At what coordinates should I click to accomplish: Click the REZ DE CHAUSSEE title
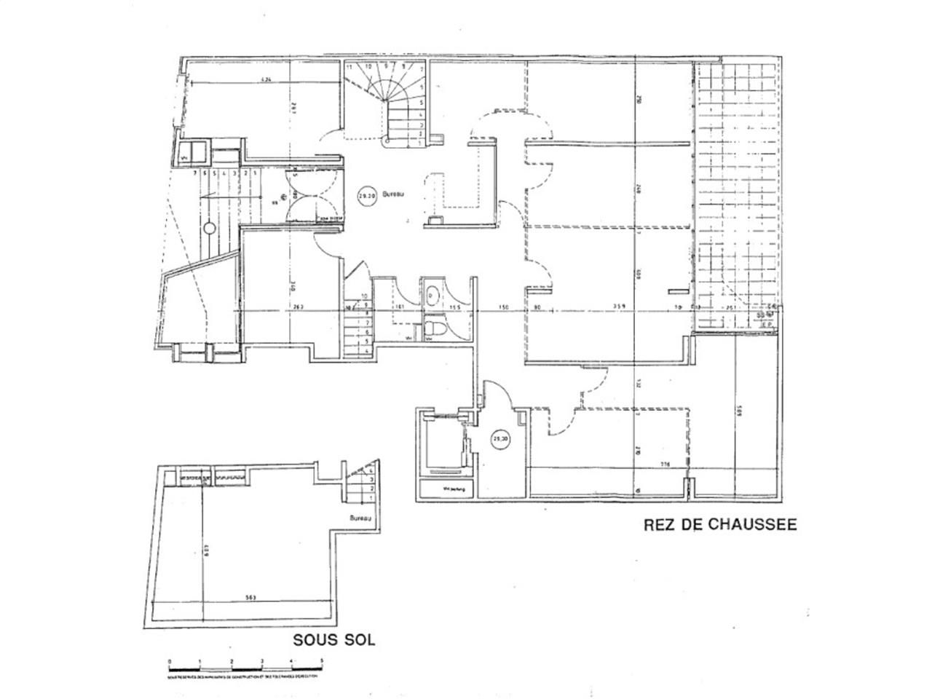[719, 524]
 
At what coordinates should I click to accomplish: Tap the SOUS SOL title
[333, 640]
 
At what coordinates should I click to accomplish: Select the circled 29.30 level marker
[501, 439]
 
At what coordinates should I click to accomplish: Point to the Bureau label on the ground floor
[394, 195]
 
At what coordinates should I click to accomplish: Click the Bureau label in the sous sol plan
[360, 519]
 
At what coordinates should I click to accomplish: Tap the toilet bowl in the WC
[435, 330]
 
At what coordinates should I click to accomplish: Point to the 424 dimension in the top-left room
[266, 79]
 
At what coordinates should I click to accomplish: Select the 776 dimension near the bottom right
[664, 465]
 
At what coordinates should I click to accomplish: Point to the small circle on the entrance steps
[209, 228]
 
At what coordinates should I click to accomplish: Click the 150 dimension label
[503, 307]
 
